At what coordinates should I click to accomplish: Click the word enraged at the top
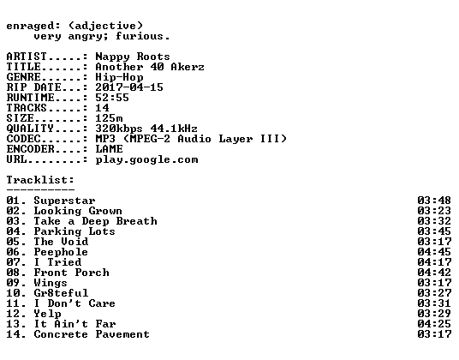(x=30, y=27)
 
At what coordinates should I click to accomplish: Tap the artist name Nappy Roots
(x=133, y=57)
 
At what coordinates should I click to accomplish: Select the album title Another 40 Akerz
(x=150, y=67)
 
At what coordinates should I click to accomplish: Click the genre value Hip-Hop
(x=119, y=77)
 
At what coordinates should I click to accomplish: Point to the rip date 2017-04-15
(x=129, y=87)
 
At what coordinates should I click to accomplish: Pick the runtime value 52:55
(x=112, y=98)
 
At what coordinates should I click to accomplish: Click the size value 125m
(x=109, y=118)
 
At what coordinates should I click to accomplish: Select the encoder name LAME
(x=109, y=149)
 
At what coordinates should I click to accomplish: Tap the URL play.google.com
(x=146, y=160)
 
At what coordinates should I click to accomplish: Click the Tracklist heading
(x=40, y=180)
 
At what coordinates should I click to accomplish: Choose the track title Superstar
(x=64, y=201)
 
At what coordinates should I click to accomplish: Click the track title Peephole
(x=61, y=252)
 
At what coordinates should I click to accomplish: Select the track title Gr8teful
(x=61, y=293)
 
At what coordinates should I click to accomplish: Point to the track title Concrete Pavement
(x=92, y=334)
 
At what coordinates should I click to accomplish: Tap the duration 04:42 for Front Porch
(x=434, y=273)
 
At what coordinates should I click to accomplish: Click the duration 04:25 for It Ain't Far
(x=434, y=324)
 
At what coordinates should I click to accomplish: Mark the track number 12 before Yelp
(x=14, y=314)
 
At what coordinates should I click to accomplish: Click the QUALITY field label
(x=30, y=129)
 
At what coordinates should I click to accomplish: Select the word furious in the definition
(x=140, y=36)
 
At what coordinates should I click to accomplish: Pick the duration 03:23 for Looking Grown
(x=434, y=211)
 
